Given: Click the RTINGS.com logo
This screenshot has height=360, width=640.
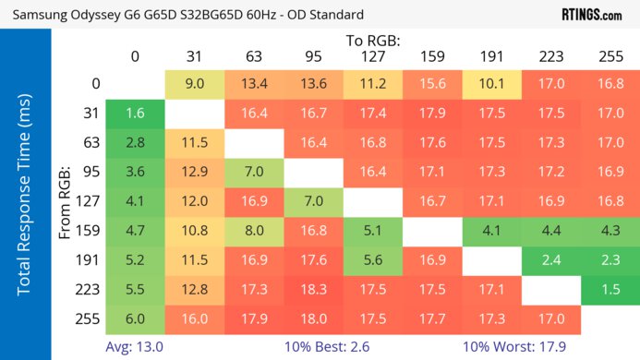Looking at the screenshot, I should (591, 15).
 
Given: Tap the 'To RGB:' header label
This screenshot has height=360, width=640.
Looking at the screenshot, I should (373, 41).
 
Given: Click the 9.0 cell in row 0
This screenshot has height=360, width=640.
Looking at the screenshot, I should (194, 84).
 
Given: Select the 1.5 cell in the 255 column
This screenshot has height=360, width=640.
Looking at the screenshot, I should (610, 289).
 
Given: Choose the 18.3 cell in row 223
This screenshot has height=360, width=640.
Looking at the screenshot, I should (313, 289).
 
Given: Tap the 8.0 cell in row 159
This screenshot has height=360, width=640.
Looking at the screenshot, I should (254, 231).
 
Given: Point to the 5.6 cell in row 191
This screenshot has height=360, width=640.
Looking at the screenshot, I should (372, 260).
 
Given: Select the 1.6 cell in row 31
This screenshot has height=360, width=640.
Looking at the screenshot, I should (135, 114).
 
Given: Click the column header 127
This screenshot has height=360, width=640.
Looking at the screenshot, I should (372, 57).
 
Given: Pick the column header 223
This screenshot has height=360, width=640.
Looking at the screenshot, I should (551, 57).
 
